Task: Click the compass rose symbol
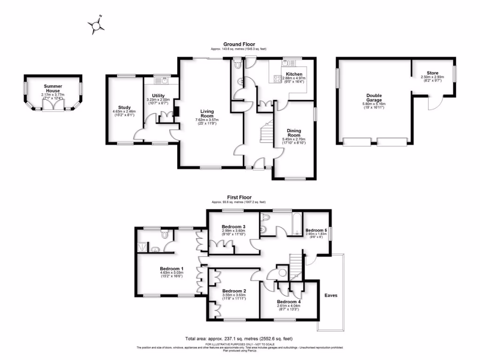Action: point(97,25)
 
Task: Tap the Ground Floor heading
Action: point(239,44)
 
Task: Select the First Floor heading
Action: point(239,198)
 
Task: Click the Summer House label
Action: point(53,86)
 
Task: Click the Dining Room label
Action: point(294,133)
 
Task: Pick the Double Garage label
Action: point(374,97)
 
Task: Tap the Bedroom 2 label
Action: point(233,291)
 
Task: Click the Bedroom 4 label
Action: point(288,301)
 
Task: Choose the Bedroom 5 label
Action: point(316,230)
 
